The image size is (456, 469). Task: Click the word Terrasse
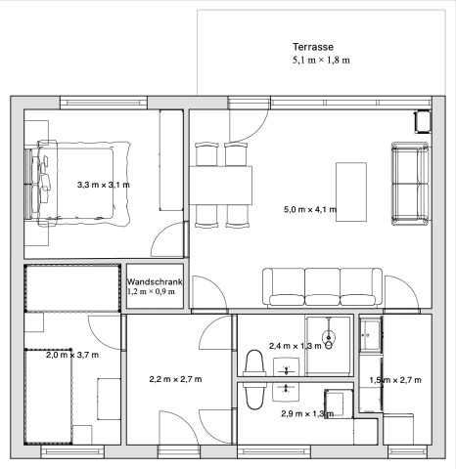click(x=313, y=47)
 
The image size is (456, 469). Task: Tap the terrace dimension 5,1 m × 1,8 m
click(x=321, y=61)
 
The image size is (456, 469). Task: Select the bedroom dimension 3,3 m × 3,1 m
click(x=104, y=185)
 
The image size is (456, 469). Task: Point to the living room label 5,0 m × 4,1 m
click(x=310, y=209)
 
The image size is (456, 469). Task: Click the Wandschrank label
click(x=155, y=282)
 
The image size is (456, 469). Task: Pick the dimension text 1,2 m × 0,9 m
click(x=151, y=291)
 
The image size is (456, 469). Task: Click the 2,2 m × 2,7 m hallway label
click(x=175, y=379)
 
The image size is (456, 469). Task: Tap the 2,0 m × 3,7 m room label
click(x=72, y=355)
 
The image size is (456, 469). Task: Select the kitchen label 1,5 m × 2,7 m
click(x=395, y=380)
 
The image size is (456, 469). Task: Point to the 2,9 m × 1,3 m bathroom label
click(x=307, y=413)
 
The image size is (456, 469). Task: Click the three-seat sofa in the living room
click(x=322, y=287)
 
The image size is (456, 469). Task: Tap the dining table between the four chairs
click(x=221, y=186)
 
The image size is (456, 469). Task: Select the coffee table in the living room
click(x=351, y=192)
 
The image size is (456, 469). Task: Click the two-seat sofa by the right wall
click(x=410, y=184)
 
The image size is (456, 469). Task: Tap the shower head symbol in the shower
click(x=329, y=335)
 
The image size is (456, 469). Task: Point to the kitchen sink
click(x=371, y=334)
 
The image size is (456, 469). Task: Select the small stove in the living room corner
click(x=423, y=122)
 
